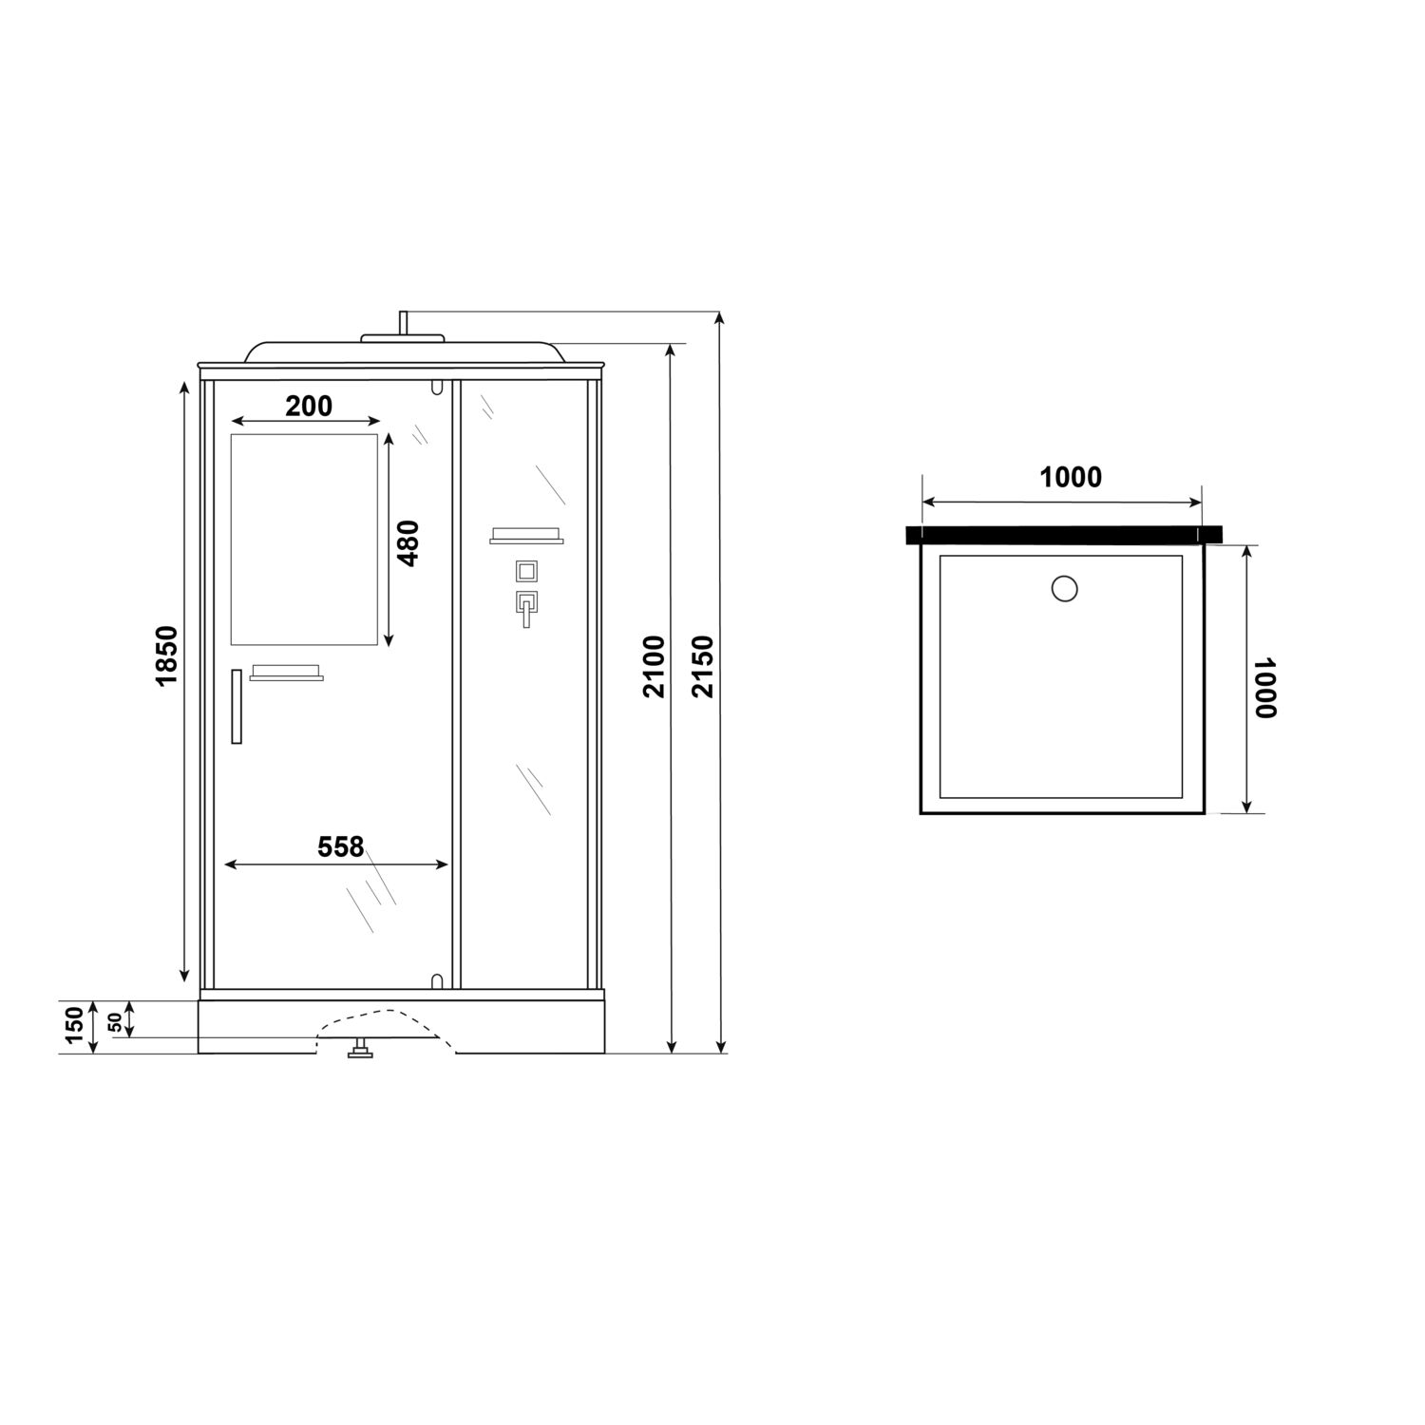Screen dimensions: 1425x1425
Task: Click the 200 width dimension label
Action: tap(309, 407)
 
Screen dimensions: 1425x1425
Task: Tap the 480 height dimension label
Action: tap(408, 542)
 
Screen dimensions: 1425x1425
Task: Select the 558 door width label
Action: tap(341, 845)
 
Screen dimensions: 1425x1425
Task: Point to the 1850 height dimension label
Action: tap(166, 655)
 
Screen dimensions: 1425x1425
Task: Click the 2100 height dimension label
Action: tap(654, 667)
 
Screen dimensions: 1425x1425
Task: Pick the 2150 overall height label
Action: tap(702, 667)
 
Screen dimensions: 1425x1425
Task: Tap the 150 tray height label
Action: tap(75, 1026)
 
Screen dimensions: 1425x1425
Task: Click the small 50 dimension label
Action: tap(115, 1022)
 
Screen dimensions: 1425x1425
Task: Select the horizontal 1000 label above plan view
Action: tap(1071, 477)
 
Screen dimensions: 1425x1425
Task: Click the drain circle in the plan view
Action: tap(1065, 589)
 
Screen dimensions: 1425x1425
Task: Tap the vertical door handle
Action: tap(237, 706)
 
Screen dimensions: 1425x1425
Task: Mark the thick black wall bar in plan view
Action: tap(1064, 535)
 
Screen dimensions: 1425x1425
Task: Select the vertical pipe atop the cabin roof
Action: tap(403, 323)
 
